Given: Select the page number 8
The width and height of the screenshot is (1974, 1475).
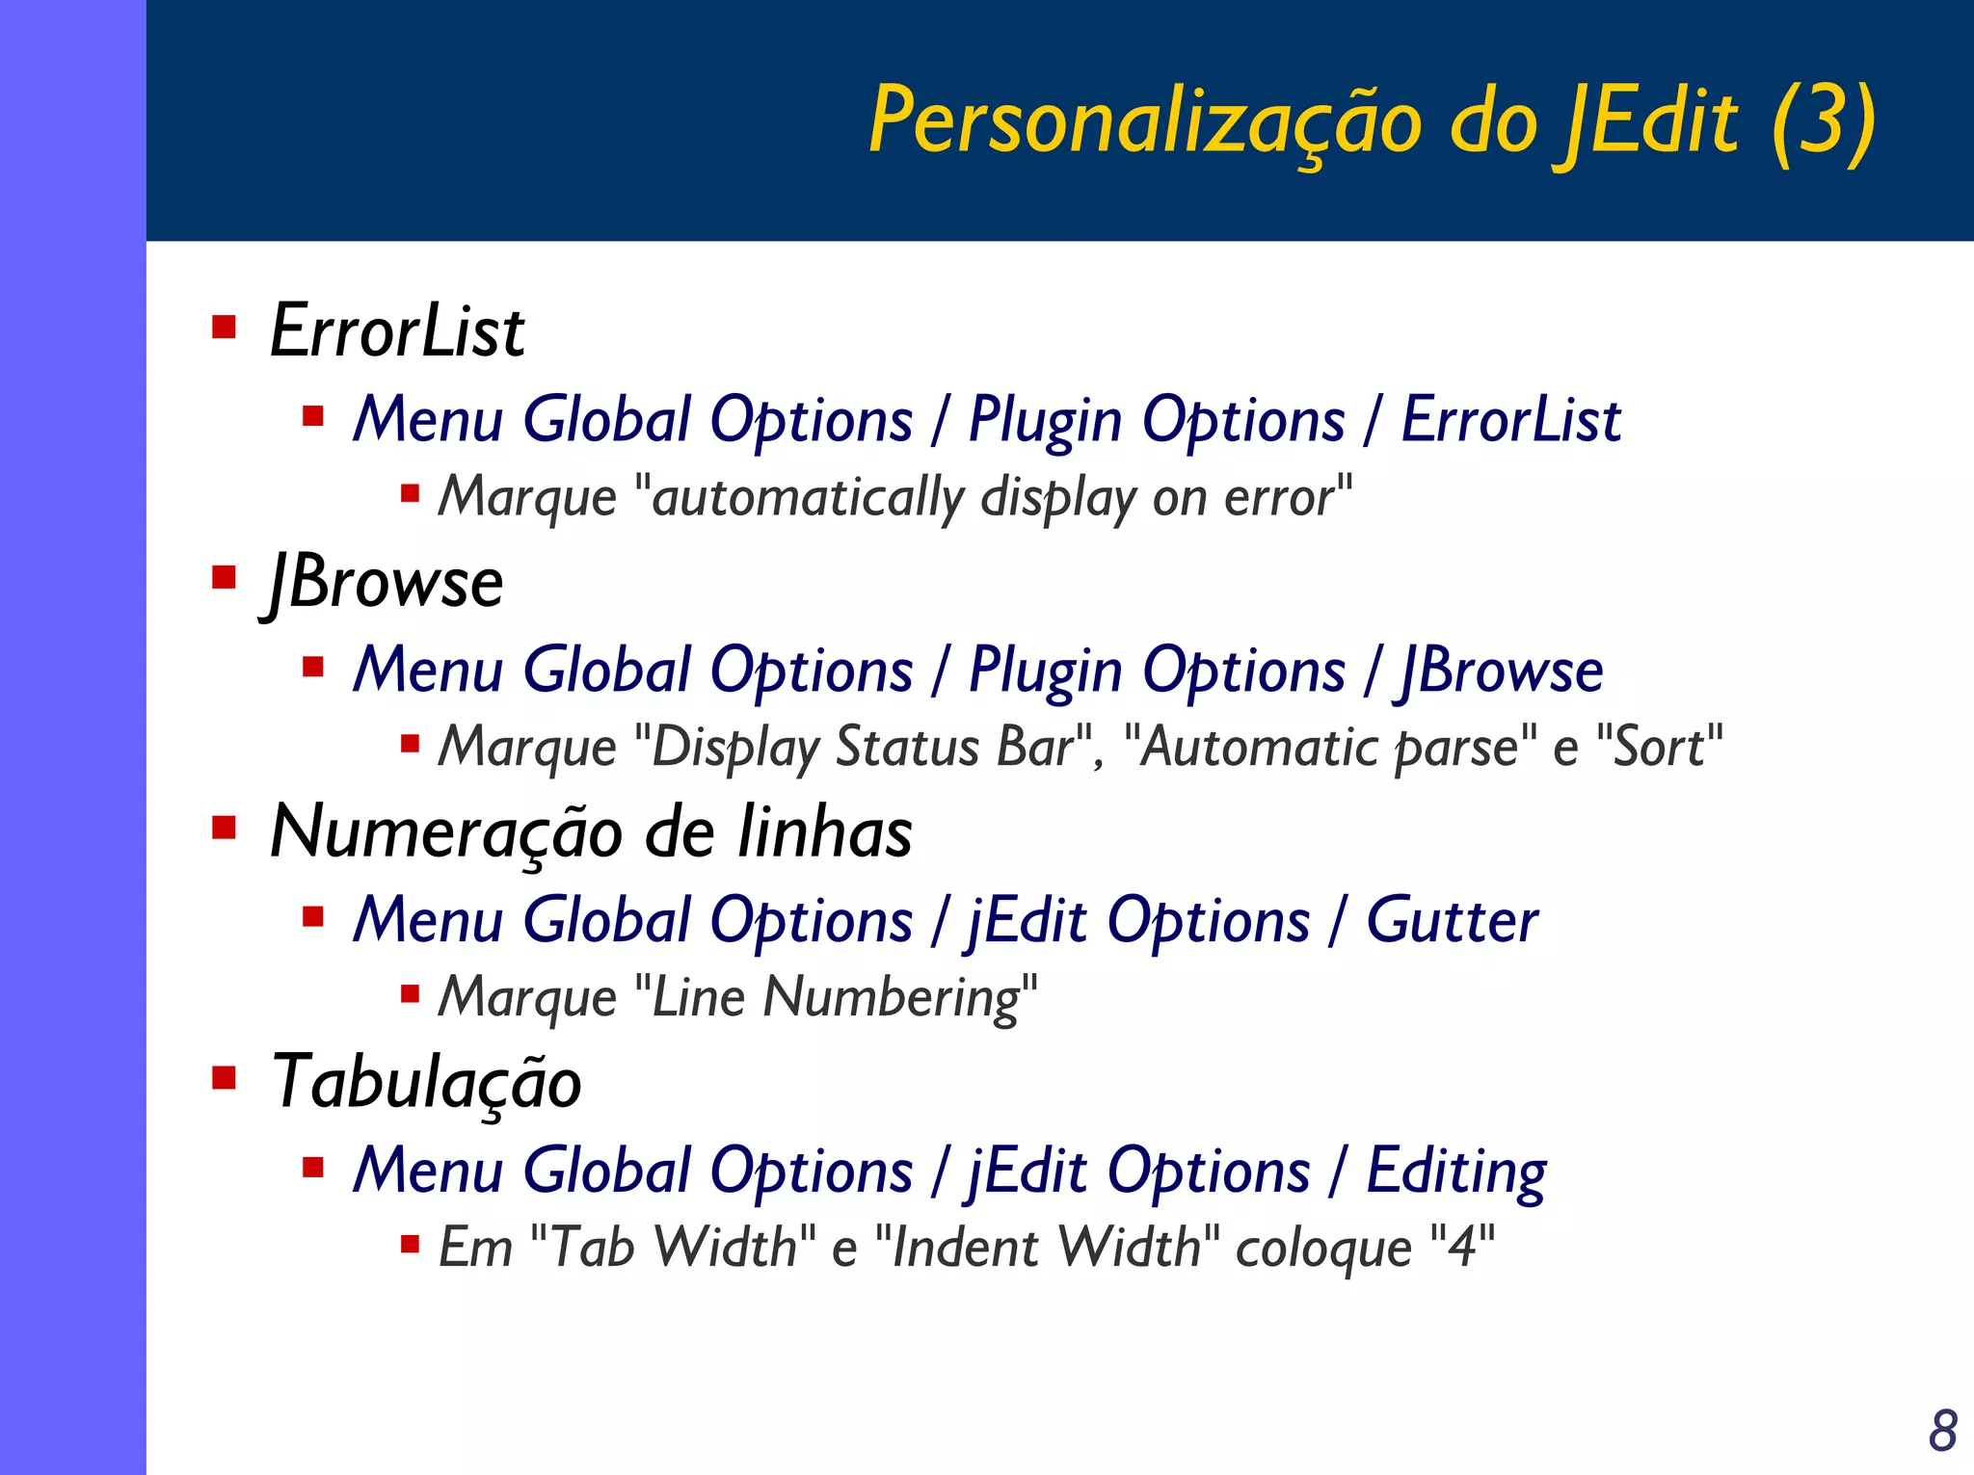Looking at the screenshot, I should tap(1942, 1431).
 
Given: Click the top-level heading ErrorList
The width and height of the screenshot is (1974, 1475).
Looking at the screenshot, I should tap(397, 331).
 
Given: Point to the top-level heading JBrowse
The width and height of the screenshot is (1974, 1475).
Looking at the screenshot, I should tap(385, 583).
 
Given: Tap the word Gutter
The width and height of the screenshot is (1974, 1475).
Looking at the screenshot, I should tap(1452, 921).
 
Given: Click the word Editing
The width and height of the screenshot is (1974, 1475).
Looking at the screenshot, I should tap(1456, 1172).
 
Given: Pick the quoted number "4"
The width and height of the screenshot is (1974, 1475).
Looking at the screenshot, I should tap(1463, 1247).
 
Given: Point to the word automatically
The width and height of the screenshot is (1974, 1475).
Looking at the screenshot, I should tap(808, 498).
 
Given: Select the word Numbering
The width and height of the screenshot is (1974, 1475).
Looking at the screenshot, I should tap(893, 997).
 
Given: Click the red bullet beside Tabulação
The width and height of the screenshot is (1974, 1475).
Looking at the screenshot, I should tap(225, 1076).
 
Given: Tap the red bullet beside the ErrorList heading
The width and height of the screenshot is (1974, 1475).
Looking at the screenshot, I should tap(225, 328).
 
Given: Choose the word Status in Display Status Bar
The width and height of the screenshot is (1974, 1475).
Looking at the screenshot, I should tap(907, 747).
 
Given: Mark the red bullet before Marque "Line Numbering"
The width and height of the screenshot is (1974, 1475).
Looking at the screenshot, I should tap(411, 993).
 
